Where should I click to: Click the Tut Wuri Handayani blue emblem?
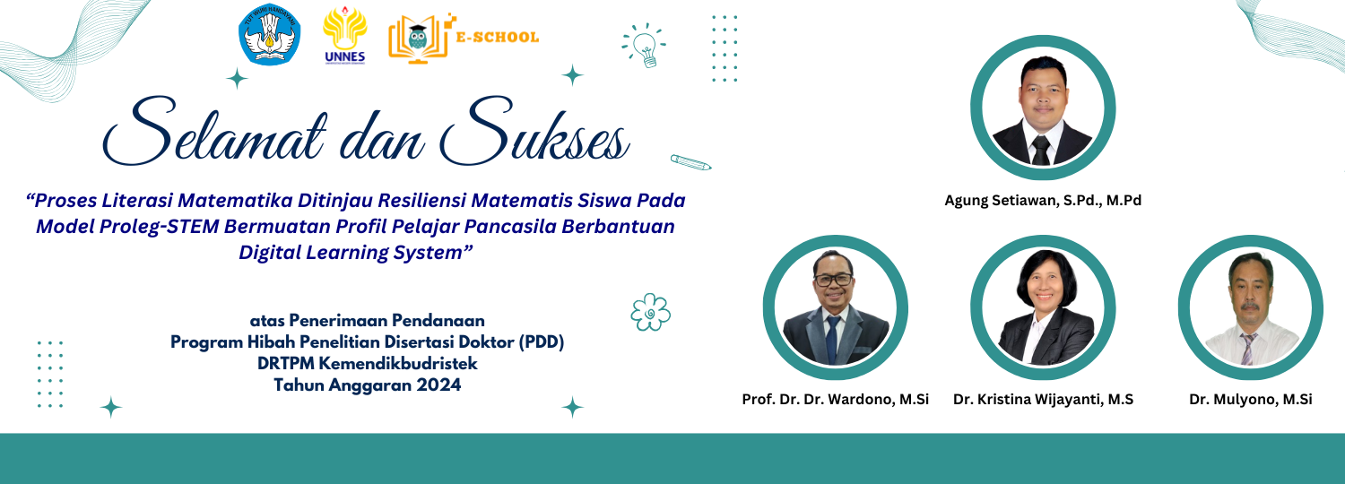coord(270,35)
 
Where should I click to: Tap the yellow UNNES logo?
coord(344,35)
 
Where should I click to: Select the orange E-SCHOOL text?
coord(497,38)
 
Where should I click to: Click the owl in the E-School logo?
coord(417,38)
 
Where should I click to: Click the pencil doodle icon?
coord(691,162)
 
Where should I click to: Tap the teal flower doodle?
coord(650,312)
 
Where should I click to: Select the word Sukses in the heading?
coord(534,131)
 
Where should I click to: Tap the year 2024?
coord(439,385)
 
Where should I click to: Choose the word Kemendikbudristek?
coord(398,363)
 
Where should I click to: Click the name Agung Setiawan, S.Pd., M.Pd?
coord(1043,201)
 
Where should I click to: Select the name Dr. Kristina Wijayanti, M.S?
coord(1043,400)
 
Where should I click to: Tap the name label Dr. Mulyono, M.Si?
coord(1251,400)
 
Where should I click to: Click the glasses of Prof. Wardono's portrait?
coord(833,280)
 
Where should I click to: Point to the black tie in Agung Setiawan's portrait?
coord(1040,150)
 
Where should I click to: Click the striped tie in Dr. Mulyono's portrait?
coord(1248,350)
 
